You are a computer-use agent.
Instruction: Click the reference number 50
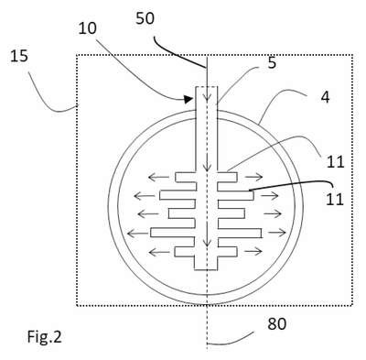(145, 18)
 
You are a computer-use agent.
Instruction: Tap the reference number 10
(88, 28)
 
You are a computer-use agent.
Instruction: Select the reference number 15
(19, 57)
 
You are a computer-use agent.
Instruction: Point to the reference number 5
(272, 63)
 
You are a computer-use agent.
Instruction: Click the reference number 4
(326, 98)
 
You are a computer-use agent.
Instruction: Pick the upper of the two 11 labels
(336, 161)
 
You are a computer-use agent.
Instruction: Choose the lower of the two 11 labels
(335, 200)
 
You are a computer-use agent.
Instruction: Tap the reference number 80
(277, 324)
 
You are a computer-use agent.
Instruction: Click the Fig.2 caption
(45, 337)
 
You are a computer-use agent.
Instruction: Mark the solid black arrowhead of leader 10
(189, 99)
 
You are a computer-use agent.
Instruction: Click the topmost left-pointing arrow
(159, 177)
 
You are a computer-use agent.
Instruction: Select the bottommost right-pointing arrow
(253, 252)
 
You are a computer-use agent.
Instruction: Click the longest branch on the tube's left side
(173, 233)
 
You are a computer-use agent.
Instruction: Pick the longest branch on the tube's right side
(240, 233)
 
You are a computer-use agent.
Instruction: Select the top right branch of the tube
(227, 177)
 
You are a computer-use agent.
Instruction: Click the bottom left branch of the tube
(185, 252)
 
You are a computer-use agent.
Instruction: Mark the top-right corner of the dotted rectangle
(353, 55)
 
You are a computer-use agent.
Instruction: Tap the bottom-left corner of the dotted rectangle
(77, 305)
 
